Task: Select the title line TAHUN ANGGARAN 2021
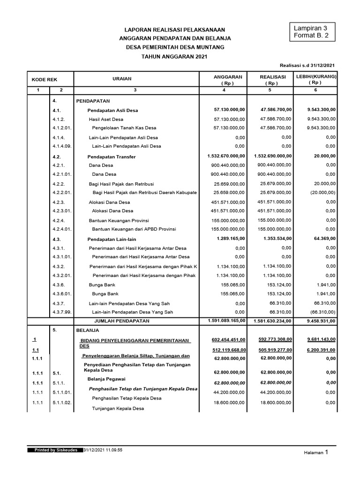click(x=174, y=56)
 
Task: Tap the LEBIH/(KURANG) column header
click(x=316, y=76)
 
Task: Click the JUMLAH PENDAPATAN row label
click(x=122, y=321)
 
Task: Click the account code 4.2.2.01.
click(x=62, y=193)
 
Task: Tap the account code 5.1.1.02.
click(x=62, y=403)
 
